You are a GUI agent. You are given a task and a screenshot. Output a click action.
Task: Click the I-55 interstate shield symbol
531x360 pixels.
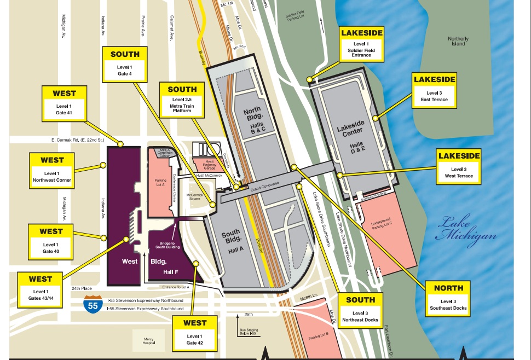[93, 304]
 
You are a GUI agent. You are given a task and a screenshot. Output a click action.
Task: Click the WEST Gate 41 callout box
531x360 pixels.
[64, 103]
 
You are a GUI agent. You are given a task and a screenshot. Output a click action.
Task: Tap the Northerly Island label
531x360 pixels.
[458, 41]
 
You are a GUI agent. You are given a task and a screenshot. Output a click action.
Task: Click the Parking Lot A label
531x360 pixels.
[160, 182]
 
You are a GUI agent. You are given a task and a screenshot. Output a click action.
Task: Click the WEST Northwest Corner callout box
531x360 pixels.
[53, 170]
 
